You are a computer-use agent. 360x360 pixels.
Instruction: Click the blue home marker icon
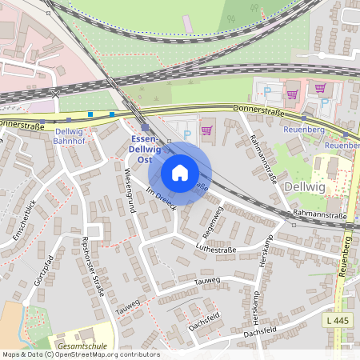180,172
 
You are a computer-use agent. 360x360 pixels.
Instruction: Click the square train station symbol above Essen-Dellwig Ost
145,127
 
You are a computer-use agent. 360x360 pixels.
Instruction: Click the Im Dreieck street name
161,200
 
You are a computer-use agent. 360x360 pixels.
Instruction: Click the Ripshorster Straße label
94,267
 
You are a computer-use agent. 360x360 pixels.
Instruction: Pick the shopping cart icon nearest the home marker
206,130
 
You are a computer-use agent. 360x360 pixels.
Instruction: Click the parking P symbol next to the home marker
188,135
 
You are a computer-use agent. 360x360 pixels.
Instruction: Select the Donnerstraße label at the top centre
258,109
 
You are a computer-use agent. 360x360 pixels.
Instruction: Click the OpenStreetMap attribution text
80,354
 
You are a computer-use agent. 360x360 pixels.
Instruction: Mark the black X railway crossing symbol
55,94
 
